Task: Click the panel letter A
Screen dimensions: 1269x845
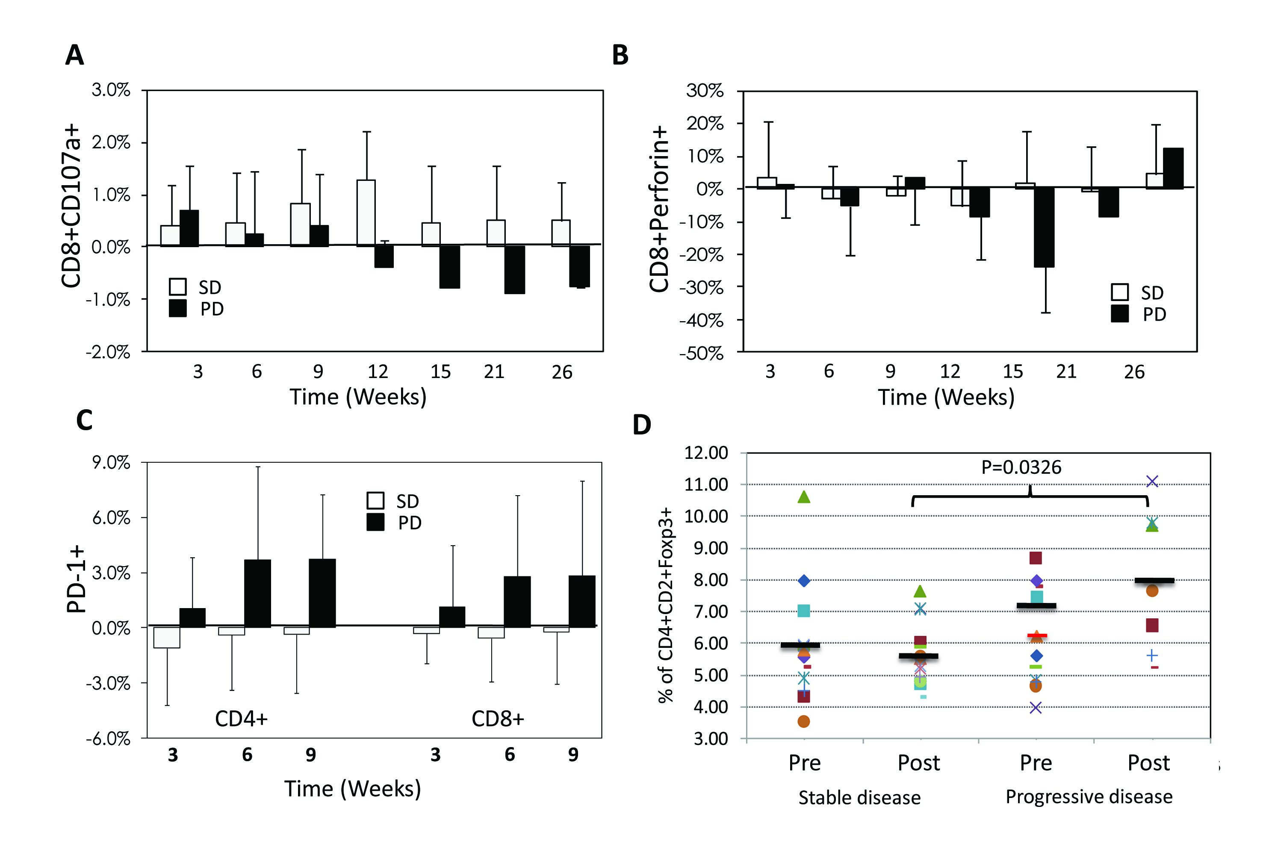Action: click(74, 55)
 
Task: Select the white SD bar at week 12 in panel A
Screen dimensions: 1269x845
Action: click(366, 213)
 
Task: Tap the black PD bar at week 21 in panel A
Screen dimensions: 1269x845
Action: click(515, 269)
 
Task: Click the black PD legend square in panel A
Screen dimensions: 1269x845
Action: click(178, 308)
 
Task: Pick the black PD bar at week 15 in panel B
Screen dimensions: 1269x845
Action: click(1044, 227)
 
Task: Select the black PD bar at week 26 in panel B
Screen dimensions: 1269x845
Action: click(1173, 168)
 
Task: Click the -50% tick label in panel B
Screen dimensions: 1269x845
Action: click(702, 354)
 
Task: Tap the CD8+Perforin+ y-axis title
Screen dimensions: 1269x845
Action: click(659, 210)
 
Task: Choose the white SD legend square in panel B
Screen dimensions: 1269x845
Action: click(1120, 292)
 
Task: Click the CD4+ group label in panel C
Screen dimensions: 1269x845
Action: click(242, 718)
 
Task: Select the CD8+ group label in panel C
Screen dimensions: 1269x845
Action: click(498, 718)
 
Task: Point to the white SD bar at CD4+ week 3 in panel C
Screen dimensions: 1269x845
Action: click(166, 637)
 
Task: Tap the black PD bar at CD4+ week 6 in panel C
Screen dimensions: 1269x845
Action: click(257, 593)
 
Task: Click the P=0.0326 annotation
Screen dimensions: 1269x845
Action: click(1021, 467)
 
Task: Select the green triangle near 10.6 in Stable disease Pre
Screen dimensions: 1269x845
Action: click(804, 497)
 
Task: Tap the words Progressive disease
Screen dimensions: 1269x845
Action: click(1089, 797)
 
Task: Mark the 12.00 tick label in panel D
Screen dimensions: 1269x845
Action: click(706, 453)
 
